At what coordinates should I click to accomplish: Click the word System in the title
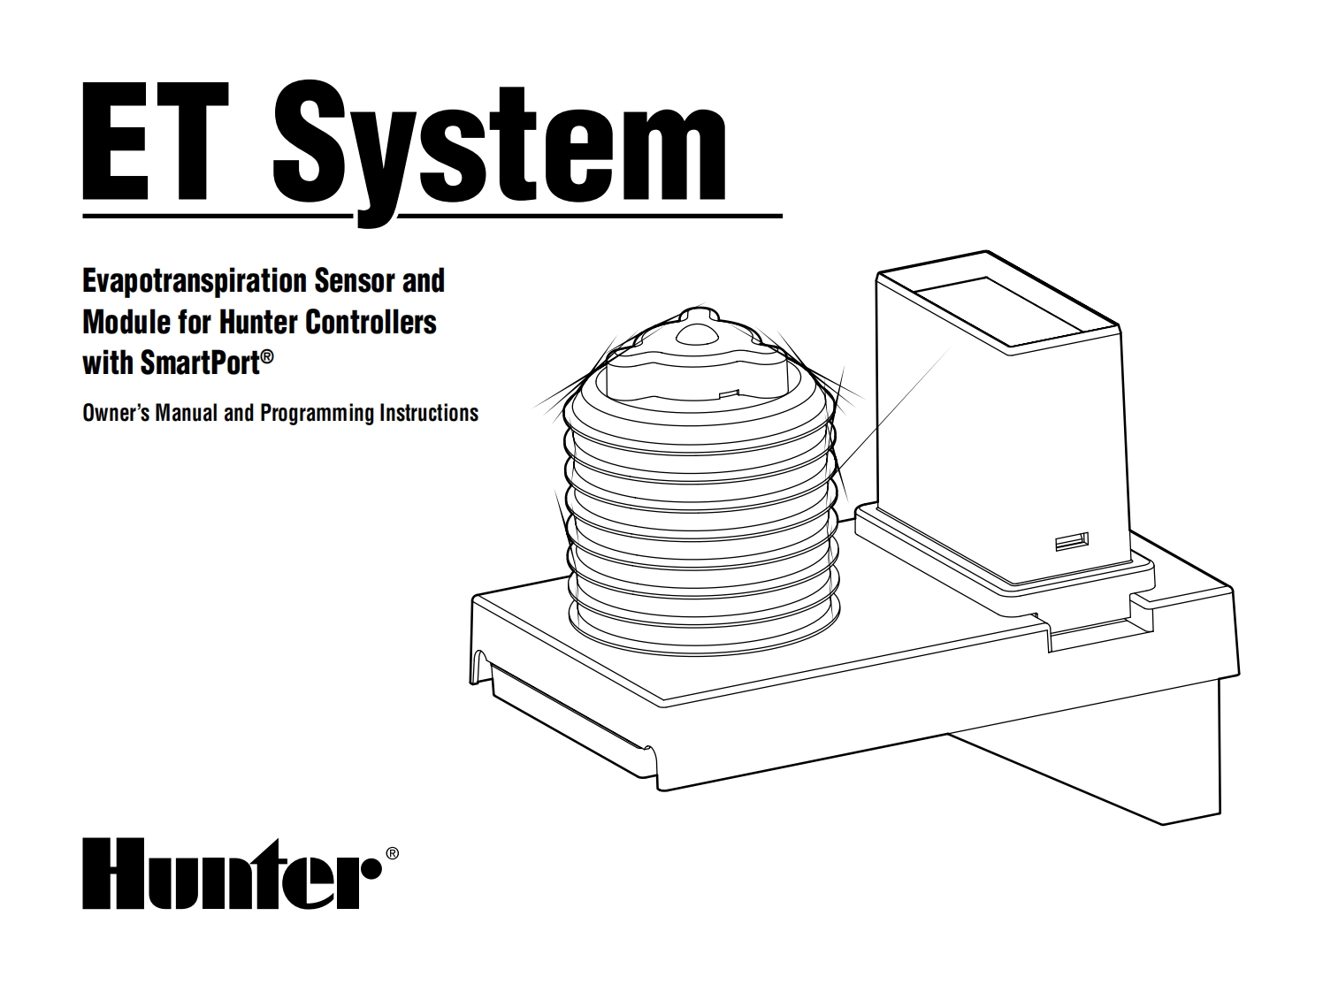(x=501, y=146)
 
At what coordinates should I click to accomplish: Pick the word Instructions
(x=429, y=413)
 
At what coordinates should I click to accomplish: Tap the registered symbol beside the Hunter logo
(x=393, y=853)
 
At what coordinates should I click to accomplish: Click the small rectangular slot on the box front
(x=1072, y=540)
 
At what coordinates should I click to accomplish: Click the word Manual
(x=187, y=413)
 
